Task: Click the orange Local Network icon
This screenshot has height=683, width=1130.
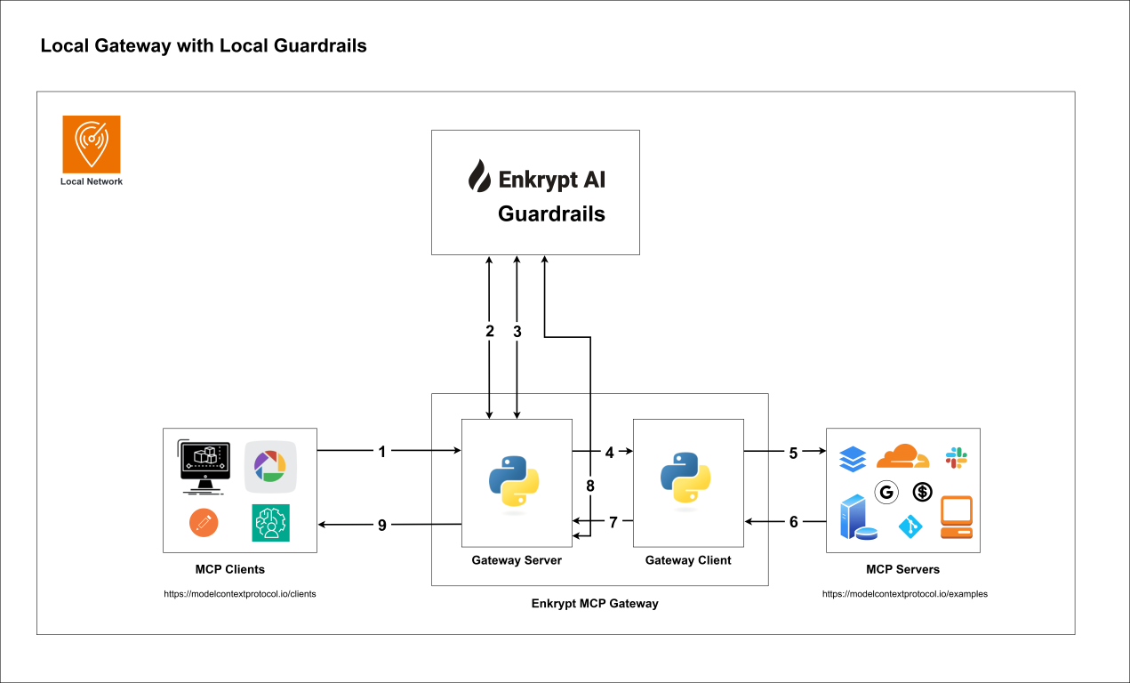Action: click(x=91, y=143)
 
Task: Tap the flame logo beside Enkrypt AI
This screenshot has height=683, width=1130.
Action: click(x=479, y=177)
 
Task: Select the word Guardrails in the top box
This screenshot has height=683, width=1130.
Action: click(x=551, y=213)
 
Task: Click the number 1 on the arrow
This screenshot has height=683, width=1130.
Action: click(x=382, y=452)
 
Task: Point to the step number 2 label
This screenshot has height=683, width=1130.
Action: click(x=489, y=331)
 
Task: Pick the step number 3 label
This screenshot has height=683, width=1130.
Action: click(x=517, y=331)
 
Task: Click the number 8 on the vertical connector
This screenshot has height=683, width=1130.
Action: click(x=589, y=486)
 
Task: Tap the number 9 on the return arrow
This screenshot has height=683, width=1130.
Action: click(x=382, y=525)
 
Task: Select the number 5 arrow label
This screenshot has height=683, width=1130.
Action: click(x=793, y=452)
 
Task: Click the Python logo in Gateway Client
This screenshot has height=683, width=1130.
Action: click(x=685, y=481)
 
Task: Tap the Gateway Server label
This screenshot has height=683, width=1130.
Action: click(x=517, y=560)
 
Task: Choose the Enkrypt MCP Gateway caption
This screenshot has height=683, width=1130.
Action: click(x=595, y=603)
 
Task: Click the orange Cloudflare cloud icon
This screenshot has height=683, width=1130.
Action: click(x=902, y=456)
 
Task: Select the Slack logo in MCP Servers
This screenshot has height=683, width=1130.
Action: click(x=957, y=458)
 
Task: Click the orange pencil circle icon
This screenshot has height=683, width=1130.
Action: click(x=204, y=523)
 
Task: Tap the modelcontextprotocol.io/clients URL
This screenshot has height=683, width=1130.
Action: click(x=240, y=594)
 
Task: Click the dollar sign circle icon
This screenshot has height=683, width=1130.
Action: click(x=922, y=491)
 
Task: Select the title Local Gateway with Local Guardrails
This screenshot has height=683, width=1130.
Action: click(x=204, y=46)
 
